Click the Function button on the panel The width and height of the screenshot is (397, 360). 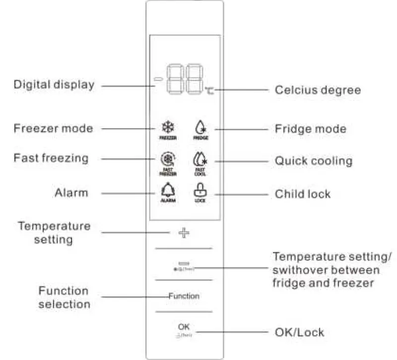[184, 296]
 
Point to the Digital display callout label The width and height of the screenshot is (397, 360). [53, 85]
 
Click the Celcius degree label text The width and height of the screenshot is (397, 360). [318, 90]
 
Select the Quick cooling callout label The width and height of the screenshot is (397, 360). [314, 161]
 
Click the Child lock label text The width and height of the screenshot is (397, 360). [303, 194]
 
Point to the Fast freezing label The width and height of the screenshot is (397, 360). [51, 159]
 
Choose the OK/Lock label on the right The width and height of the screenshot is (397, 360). [299, 332]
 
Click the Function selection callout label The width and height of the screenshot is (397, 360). [64, 297]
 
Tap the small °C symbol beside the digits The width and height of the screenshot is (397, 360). [209, 90]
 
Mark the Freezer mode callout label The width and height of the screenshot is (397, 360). [53, 129]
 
